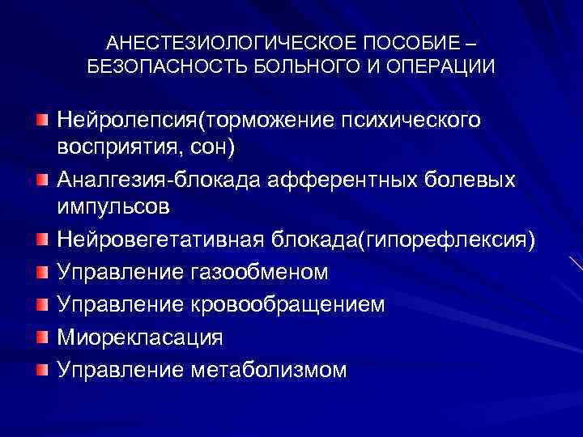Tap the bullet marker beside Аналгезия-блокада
point(41,179)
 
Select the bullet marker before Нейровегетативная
point(41,239)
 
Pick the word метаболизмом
point(270,369)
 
